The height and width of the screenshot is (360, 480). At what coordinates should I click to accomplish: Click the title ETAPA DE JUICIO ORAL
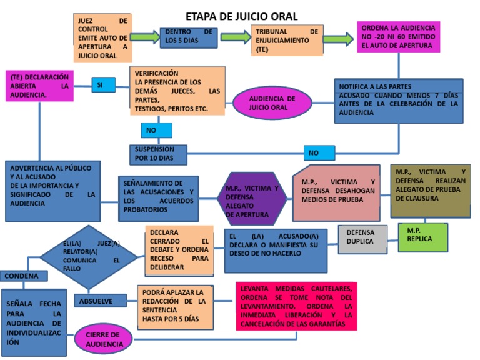(242, 16)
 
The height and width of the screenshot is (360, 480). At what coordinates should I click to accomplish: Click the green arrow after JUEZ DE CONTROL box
(145, 37)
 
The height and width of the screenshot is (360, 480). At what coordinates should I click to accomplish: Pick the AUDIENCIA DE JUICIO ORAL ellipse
(272, 102)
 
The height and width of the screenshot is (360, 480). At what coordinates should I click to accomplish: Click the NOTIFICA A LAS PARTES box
(398, 100)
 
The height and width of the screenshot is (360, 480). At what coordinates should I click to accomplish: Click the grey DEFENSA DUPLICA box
(363, 239)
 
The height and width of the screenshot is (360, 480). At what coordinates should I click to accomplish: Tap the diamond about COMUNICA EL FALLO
(89, 256)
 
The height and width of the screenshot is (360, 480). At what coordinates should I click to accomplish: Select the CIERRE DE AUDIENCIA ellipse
(104, 339)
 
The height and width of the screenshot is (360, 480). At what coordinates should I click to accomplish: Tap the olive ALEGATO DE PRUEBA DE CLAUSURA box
(430, 190)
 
